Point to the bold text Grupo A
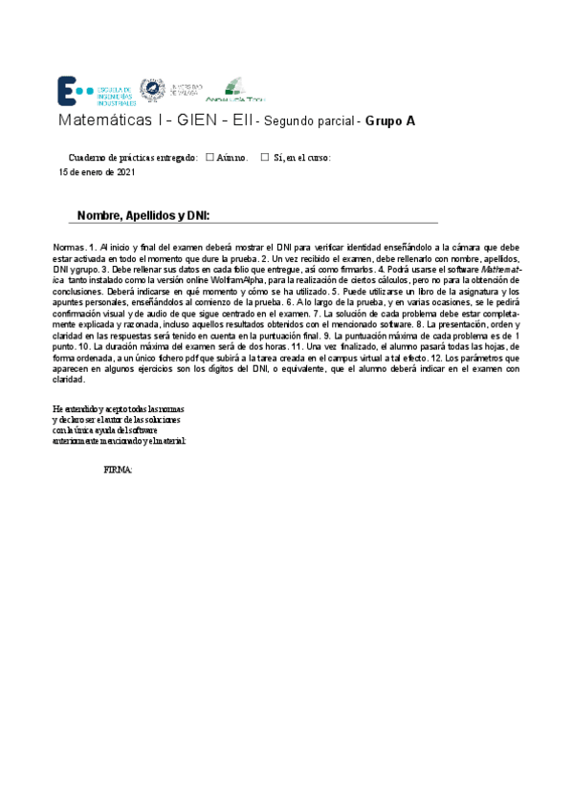coord(390,122)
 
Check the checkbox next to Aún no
coord(209,157)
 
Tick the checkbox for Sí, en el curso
coord(265,157)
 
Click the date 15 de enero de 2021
coord(97,173)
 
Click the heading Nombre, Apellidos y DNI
coord(143,215)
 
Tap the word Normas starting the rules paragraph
coord(69,248)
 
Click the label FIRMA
coord(118,471)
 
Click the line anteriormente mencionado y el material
coord(120,440)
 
